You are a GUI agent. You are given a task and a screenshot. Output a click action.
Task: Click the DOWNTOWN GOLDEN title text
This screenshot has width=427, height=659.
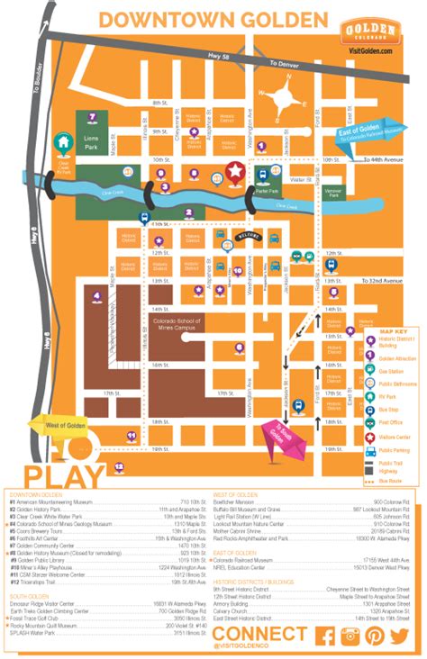213,19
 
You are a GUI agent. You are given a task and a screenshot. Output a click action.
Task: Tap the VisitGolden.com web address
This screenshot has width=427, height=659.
372,51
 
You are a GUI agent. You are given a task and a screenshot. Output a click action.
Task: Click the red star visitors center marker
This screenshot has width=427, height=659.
236,169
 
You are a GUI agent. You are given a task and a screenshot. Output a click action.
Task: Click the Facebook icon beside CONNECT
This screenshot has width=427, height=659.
328,636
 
